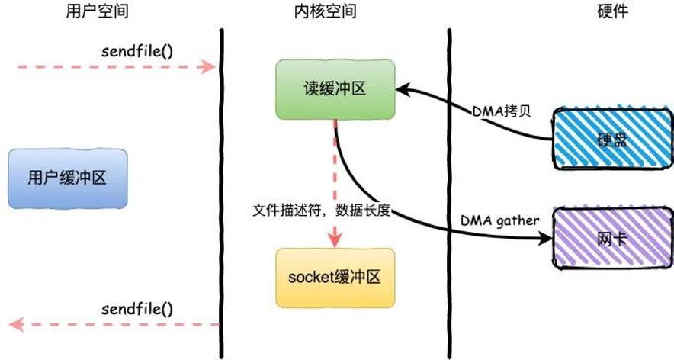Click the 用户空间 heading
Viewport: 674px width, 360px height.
(97, 11)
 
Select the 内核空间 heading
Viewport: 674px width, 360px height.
(326, 11)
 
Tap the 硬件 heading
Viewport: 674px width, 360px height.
(612, 11)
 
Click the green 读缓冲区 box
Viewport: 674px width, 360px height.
(335, 89)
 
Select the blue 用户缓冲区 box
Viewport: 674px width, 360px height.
(68, 178)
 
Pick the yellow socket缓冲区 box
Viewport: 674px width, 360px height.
(335, 278)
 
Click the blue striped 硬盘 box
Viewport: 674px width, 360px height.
(612, 139)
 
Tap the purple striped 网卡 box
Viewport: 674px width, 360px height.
(612, 239)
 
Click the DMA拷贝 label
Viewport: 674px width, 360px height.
(502, 111)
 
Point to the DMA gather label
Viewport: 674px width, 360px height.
(499, 221)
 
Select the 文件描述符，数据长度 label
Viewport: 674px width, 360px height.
(321, 211)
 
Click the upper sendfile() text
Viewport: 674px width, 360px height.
(137, 52)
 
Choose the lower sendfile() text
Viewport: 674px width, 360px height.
(137, 309)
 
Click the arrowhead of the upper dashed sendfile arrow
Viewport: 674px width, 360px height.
(209, 66)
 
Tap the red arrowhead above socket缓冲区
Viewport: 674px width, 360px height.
(335, 240)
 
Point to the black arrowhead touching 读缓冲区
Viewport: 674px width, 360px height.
(402, 90)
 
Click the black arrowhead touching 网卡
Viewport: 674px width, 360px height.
(546, 238)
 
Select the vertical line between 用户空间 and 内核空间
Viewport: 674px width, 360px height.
(222, 194)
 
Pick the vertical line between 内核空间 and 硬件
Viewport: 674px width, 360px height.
(449, 194)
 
